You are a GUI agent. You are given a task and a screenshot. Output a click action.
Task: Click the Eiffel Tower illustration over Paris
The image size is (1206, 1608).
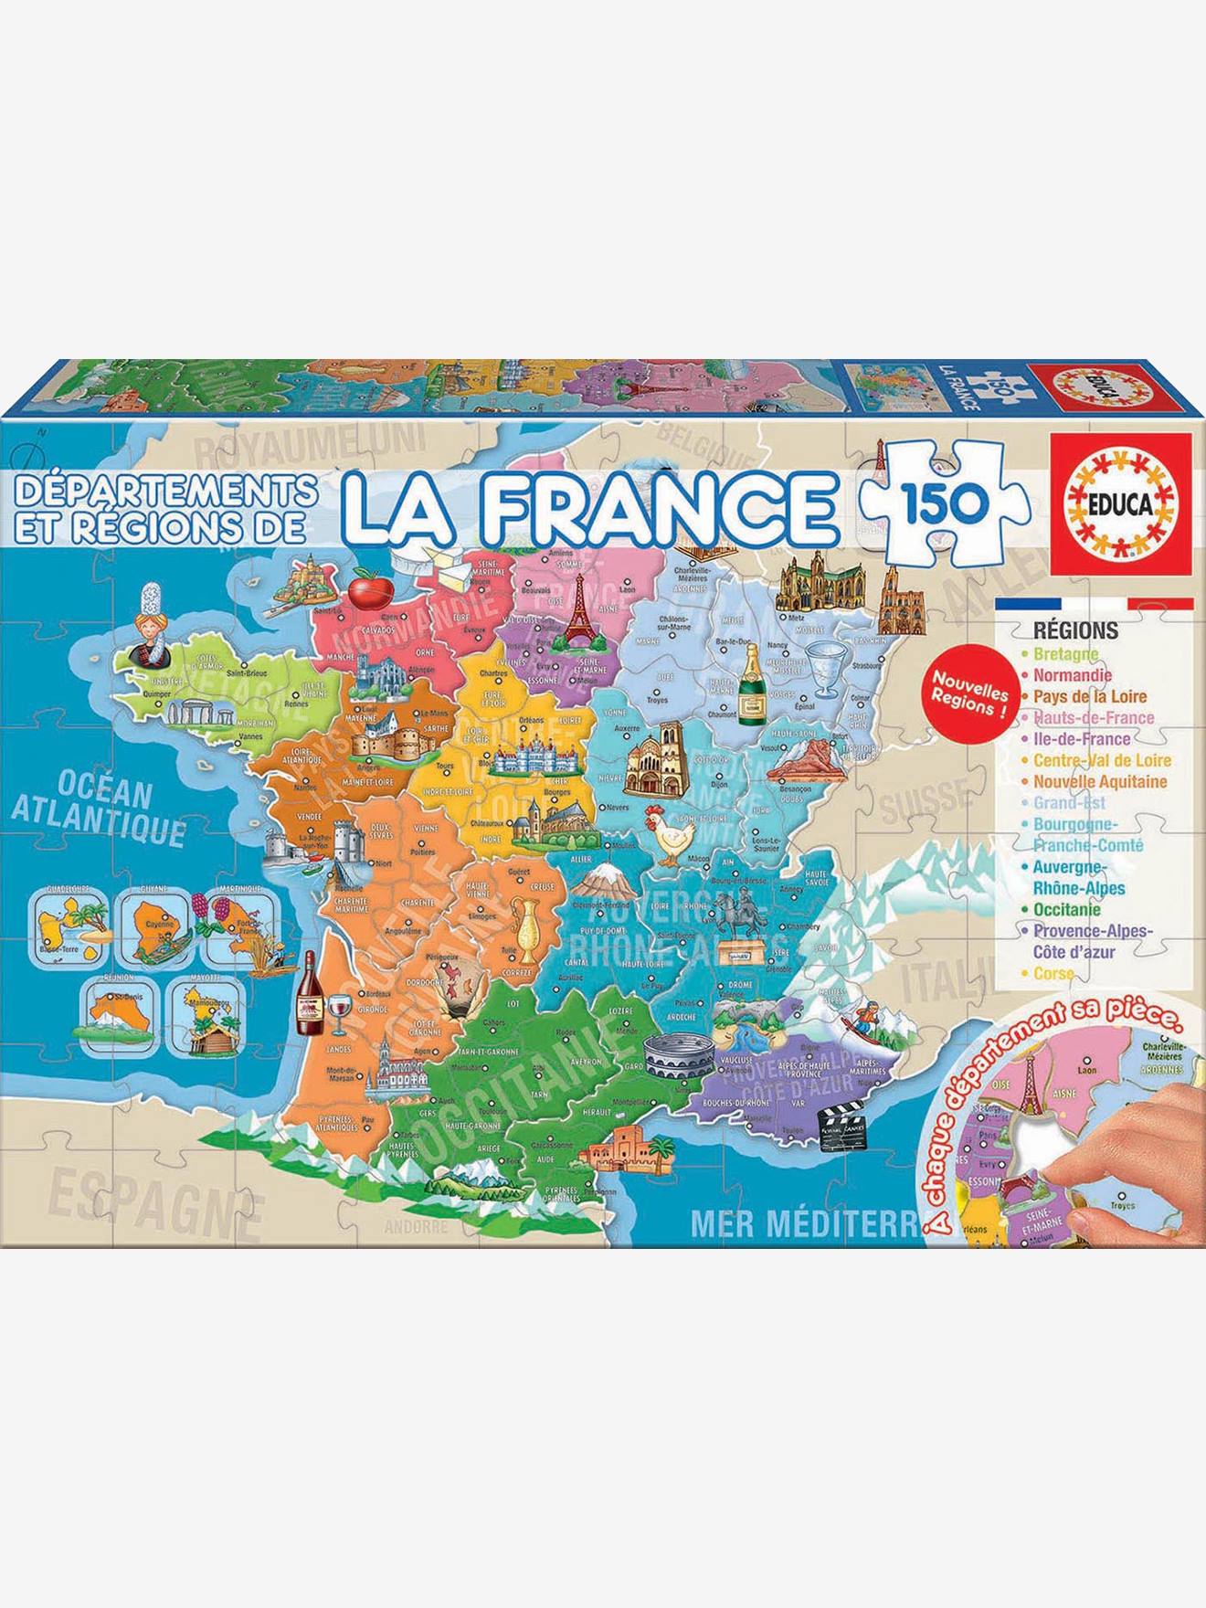click(577, 611)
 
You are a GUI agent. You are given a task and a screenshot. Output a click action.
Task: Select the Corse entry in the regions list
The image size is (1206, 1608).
click(1053, 974)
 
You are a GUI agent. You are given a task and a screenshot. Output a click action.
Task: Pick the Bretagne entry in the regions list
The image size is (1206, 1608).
click(1065, 654)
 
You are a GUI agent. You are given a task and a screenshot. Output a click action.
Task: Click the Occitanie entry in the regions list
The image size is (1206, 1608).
click(1067, 909)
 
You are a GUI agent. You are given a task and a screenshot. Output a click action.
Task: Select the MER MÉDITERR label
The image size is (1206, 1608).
click(804, 1222)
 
